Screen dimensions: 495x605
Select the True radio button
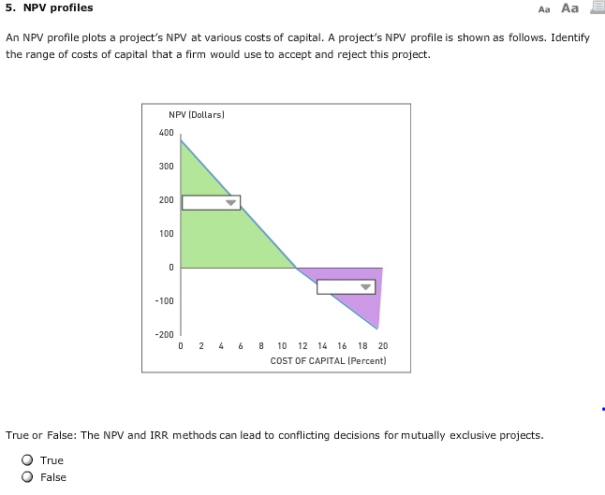[28, 460]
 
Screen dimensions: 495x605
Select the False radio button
[28, 477]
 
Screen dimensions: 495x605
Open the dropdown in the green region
[211, 202]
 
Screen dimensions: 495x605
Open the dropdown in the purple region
[346, 286]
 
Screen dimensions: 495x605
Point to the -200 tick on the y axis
[164, 334]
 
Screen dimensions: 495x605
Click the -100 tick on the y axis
[164, 300]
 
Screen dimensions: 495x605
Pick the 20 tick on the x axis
[382, 345]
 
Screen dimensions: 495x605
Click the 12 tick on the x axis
[302, 345]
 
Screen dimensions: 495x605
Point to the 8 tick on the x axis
[261, 345]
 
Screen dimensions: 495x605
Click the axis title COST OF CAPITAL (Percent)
[328, 360]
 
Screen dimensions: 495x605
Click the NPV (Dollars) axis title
[197, 114]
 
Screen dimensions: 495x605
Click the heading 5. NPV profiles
[50, 8]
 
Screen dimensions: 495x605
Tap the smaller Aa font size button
[545, 9]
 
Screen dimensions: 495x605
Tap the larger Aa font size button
[569, 8]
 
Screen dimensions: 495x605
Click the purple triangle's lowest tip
[377, 328]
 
